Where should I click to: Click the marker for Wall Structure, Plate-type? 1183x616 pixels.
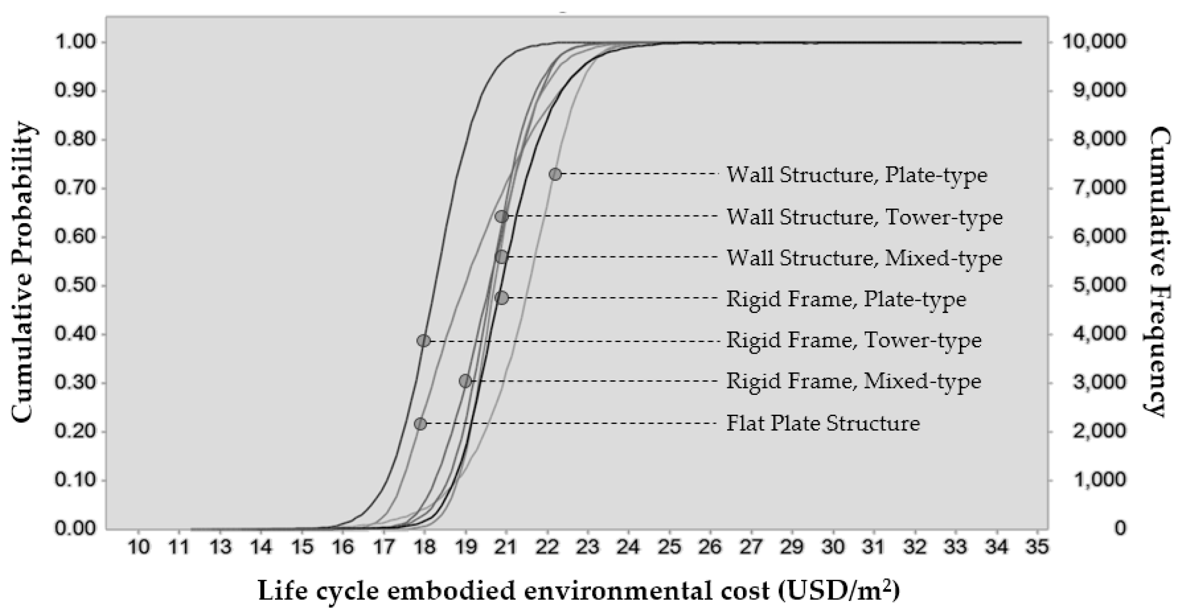point(555,174)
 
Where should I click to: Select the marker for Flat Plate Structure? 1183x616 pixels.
point(421,424)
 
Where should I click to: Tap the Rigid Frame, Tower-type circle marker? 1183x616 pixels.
point(424,341)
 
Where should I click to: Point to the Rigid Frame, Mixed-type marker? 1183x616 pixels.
point(465,381)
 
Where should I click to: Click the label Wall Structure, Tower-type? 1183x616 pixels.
point(864,217)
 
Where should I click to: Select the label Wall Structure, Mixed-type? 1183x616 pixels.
point(864,258)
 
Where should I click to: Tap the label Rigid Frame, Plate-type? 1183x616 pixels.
point(846,299)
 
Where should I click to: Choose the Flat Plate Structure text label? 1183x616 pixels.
point(823,423)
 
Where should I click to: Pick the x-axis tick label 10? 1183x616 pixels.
point(138,547)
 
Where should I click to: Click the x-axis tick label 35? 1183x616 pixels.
point(1037,547)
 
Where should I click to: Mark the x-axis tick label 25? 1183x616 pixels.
point(669,547)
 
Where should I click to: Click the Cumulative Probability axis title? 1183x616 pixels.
point(22,273)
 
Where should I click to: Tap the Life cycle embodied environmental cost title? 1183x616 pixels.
point(578,590)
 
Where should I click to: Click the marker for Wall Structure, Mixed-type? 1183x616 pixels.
point(501,257)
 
